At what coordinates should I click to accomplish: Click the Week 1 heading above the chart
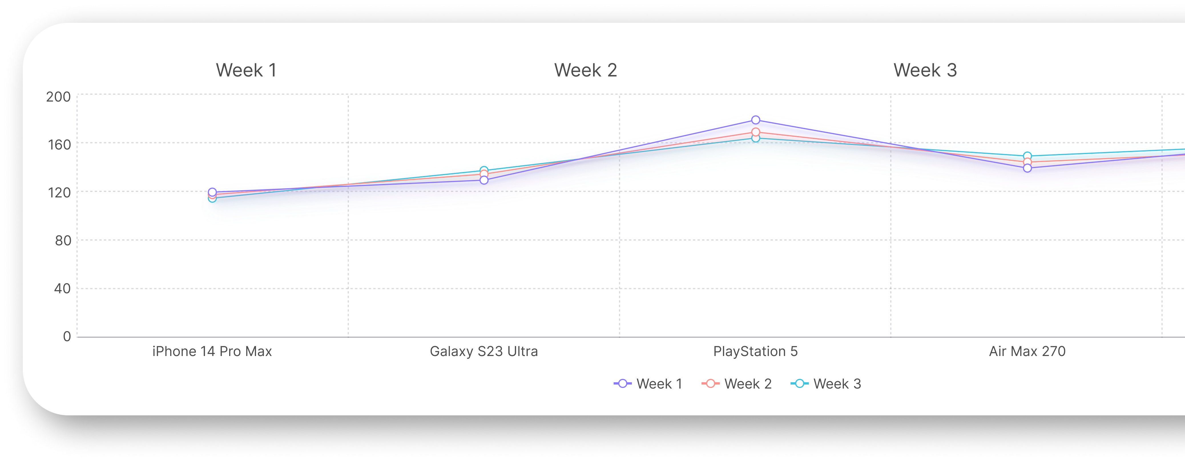coord(246,70)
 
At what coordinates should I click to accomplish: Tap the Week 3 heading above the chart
coord(925,70)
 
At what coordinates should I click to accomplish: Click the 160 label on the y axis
coord(59,145)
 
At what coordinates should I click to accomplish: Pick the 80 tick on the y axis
coord(63,240)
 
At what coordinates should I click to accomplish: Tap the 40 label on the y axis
coord(63,289)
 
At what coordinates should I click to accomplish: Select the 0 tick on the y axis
coord(67,336)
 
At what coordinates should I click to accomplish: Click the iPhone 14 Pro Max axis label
coord(212,352)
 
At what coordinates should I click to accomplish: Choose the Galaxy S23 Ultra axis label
coord(483,352)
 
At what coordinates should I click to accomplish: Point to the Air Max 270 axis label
coord(1027,352)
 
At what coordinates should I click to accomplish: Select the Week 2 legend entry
coord(736,384)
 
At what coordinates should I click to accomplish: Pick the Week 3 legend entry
coord(826,384)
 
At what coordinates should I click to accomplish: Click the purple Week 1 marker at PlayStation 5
coord(755,120)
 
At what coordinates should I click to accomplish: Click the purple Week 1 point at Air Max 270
coord(1027,168)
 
